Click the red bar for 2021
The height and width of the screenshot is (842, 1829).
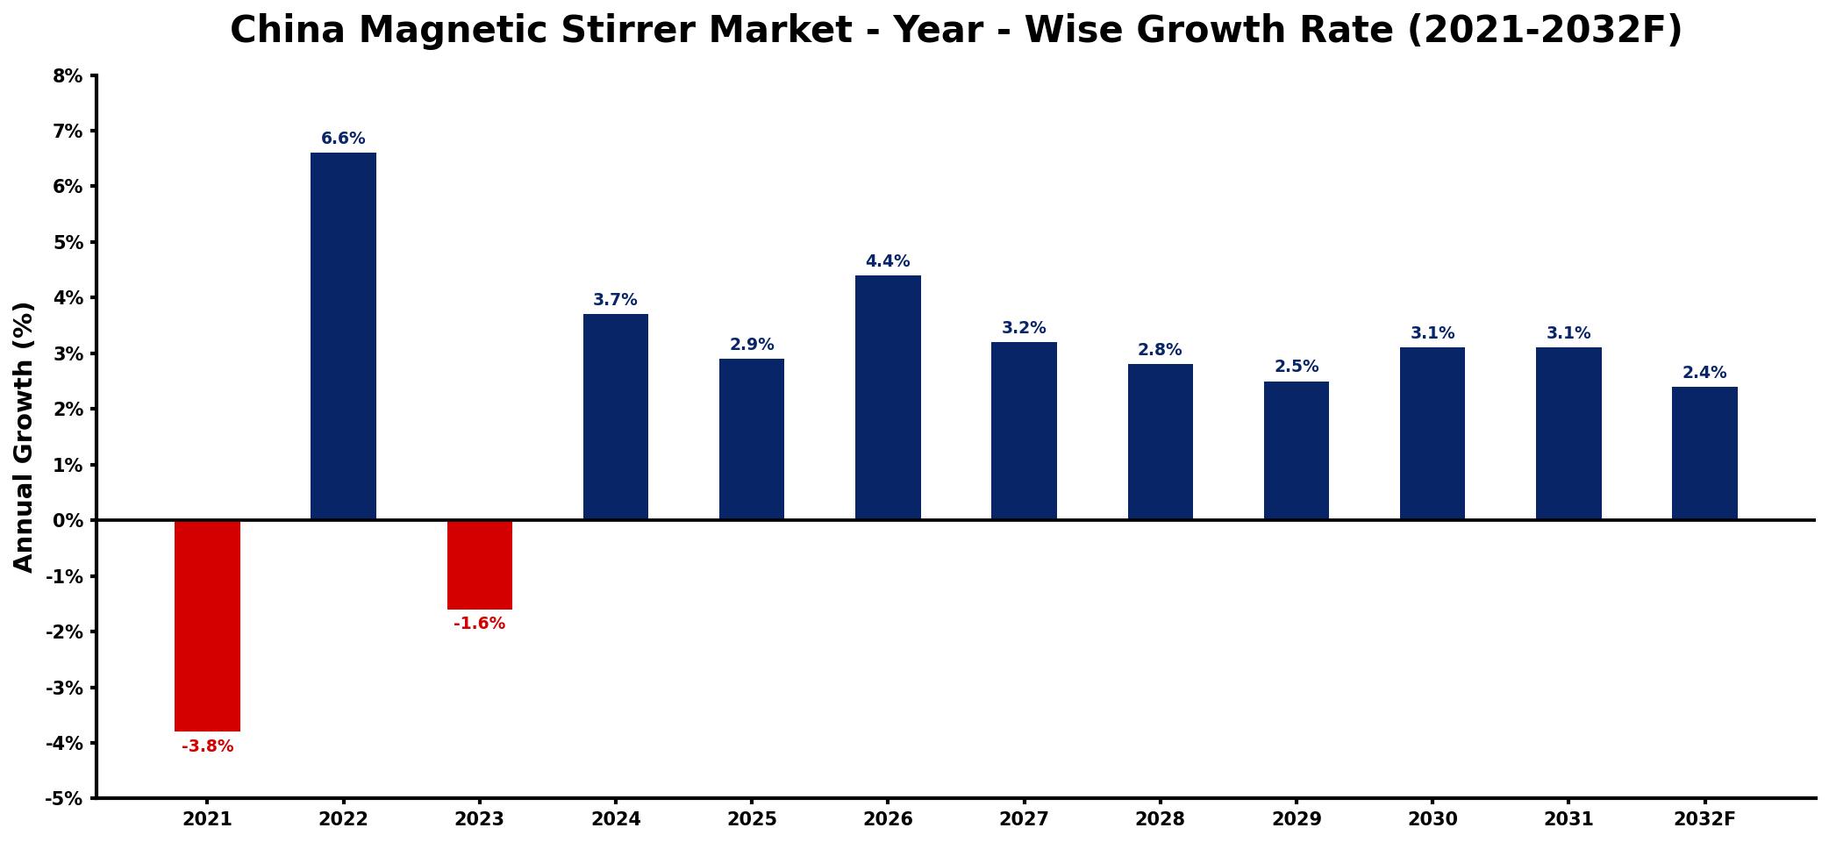207,625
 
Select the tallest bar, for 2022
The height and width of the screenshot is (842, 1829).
343,337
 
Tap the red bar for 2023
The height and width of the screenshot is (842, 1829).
479,565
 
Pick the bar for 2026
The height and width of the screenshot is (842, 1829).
888,398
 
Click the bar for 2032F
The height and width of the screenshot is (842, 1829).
1704,453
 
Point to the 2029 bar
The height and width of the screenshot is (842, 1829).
1297,451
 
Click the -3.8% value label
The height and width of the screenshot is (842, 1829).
207,746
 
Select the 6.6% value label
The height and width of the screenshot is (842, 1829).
343,139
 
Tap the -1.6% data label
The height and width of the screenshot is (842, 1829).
479,624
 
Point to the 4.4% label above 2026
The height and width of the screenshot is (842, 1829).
888,261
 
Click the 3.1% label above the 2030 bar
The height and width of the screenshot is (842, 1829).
1432,333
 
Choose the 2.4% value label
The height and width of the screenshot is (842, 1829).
1704,373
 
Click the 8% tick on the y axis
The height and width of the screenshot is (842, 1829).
68,76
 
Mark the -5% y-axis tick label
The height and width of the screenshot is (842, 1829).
64,799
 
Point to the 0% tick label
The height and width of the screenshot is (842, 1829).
68,521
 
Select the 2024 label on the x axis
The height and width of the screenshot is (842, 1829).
616,819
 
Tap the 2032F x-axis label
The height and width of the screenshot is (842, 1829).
1704,819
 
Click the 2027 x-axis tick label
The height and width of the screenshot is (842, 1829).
1024,819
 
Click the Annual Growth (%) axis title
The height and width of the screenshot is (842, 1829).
24,437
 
